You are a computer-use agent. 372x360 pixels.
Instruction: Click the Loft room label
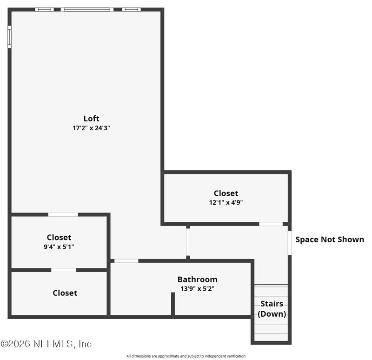point(91,119)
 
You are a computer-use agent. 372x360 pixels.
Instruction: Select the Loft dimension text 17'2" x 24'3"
point(91,128)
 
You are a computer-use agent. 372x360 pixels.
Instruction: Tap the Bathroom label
point(197,280)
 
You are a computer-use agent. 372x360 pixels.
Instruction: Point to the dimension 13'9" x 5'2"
point(197,288)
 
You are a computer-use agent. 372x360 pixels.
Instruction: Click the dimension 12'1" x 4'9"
point(226,202)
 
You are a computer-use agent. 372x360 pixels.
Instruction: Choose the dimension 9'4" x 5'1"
point(59,247)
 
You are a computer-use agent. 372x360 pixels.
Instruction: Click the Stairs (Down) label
point(272,309)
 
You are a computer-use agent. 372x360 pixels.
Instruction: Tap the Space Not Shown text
point(330,240)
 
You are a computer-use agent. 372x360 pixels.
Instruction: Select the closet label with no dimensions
point(65,293)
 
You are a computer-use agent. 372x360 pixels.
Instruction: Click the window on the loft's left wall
point(9,37)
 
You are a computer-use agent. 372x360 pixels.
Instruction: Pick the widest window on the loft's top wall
point(87,10)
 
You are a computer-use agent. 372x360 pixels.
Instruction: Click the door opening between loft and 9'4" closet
point(63,215)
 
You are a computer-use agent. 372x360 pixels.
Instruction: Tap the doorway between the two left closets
point(64,270)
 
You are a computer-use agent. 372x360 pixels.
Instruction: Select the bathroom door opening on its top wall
point(126,261)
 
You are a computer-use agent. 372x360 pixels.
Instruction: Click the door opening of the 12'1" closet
point(271,224)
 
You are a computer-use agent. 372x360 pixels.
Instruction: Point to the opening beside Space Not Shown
point(290,243)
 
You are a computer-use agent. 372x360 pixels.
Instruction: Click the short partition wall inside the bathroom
point(173,304)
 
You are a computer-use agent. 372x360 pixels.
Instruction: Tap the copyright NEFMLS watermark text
point(46,344)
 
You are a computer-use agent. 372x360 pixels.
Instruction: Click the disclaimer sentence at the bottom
point(186,356)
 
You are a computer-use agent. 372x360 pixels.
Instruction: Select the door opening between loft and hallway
point(188,242)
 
